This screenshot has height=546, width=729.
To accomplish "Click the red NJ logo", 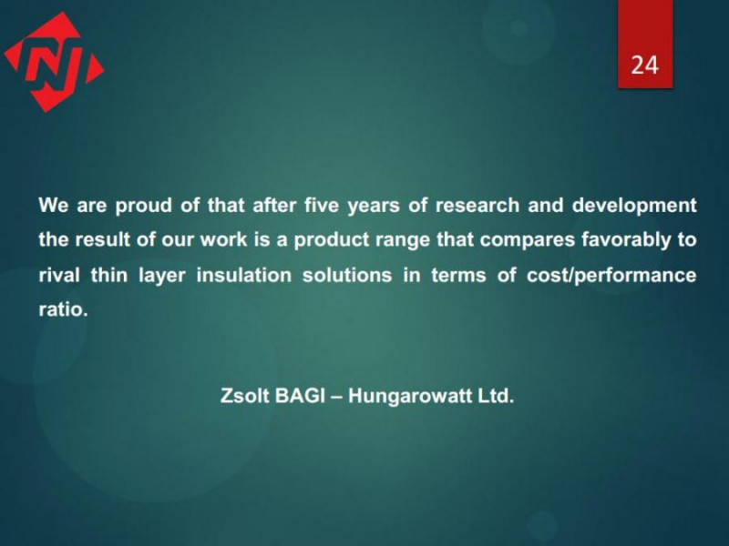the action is [54, 62].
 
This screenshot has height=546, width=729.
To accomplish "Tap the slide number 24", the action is [644, 65].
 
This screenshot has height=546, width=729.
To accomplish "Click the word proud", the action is [144, 206].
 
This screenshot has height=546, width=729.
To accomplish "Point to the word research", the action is [477, 205].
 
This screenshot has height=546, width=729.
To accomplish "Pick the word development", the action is [634, 206].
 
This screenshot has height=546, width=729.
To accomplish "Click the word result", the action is [101, 239].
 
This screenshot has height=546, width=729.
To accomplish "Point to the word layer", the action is [162, 277].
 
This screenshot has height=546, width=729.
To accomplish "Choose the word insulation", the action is [243, 275].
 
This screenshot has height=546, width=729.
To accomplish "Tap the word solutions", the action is [347, 275].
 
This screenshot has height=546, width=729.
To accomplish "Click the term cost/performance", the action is [611, 276].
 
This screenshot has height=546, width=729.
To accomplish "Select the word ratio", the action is [63, 309].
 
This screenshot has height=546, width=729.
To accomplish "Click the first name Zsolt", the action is [244, 396].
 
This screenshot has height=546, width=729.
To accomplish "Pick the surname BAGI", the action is [300, 396].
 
